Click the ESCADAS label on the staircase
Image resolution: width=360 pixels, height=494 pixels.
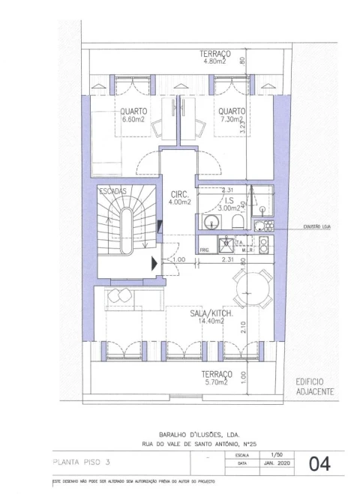(112, 191)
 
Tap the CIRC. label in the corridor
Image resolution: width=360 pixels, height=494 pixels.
(179, 193)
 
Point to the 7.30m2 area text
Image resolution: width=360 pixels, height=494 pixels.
(232, 119)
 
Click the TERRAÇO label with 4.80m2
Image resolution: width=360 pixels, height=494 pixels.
(214, 54)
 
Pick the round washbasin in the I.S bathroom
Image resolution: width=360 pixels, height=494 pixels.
(211, 221)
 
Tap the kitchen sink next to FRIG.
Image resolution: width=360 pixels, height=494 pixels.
(223, 243)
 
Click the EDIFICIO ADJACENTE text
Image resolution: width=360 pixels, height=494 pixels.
(315, 386)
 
